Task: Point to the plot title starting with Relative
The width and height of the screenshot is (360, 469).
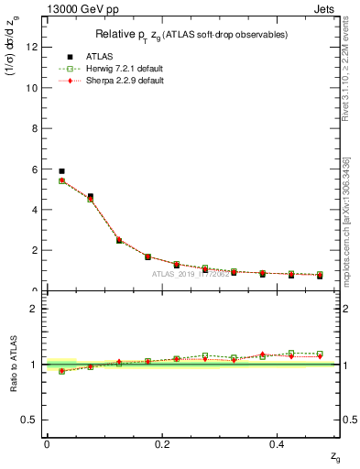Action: coord(193,35)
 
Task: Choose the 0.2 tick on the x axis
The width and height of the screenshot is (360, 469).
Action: coord(163,443)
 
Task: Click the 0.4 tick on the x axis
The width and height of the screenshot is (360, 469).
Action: coord(278,443)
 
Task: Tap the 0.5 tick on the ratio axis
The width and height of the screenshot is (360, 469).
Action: coord(31,420)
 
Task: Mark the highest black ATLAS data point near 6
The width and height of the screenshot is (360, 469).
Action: coord(61,171)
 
